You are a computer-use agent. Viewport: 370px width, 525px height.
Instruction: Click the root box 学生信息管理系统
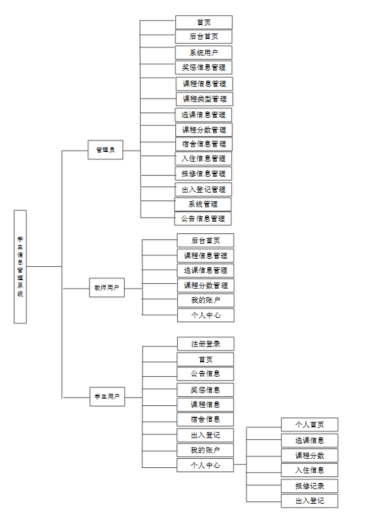point(20,266)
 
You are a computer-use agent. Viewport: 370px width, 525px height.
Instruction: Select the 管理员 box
point(105,149)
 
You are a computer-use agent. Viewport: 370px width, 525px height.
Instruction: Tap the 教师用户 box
point(107,287)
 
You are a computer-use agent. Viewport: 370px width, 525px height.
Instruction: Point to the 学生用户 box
point(107,397)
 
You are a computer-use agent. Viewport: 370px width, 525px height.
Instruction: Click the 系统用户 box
point(203,53)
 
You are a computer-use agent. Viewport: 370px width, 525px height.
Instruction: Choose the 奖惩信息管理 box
point(203,67)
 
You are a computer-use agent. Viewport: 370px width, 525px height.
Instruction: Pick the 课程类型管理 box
point(204,98)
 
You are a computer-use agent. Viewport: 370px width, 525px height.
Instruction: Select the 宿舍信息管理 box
point(203,144)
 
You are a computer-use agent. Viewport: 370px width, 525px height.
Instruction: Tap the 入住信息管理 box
point(203,159)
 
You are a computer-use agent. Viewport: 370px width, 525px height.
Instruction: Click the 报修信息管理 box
point(203,174)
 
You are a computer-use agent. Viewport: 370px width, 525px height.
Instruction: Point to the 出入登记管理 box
point(203,189)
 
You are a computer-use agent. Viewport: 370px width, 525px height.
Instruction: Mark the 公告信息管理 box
point(203,218)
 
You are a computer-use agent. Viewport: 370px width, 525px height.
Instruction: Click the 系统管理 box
point(203,204)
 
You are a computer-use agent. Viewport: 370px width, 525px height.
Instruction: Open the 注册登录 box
point(205,344)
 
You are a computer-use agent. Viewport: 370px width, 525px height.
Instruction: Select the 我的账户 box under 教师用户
point(205,300)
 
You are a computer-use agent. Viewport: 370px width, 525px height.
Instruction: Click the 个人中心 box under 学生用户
point(205,465)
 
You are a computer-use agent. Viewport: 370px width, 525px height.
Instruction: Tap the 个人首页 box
point(309,425)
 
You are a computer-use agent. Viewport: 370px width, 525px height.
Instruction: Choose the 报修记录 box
point(309,486)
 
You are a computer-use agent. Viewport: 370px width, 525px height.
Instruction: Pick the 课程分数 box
point(309,455)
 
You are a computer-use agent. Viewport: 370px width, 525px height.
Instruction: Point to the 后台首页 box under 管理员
point(203,37)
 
